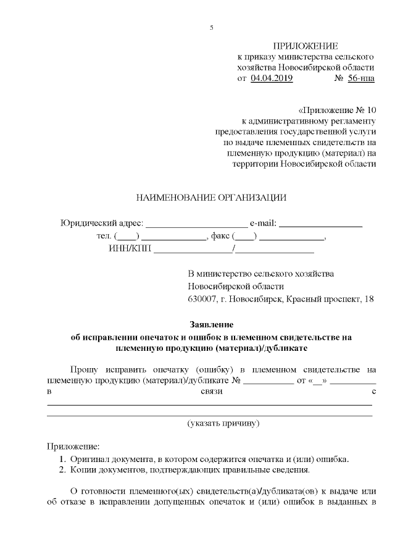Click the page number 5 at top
211,28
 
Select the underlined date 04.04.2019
272,78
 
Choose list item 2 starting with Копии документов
189,470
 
